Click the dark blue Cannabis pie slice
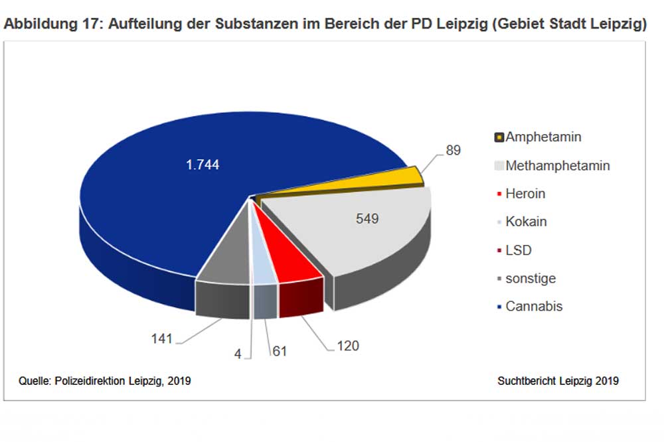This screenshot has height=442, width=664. coord(166,199)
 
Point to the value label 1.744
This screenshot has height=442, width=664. coord(202,165)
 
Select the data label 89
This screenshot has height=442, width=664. coord(453,150)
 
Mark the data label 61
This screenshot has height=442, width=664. coord(279,351)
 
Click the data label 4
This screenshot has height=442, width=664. coord(238,354)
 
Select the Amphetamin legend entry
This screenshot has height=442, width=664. coord(543,137)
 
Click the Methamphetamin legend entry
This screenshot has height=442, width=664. coord(557,165)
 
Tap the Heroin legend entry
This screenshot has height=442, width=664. coord(525,194)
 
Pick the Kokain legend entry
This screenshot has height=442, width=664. coord(526,222)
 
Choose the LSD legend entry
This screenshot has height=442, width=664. coord(518,250)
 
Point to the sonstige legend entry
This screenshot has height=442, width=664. coord(530,278)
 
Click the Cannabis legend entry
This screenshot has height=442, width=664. coord(534,307)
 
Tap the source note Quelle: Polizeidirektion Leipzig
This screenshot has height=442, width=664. coord(105,381)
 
